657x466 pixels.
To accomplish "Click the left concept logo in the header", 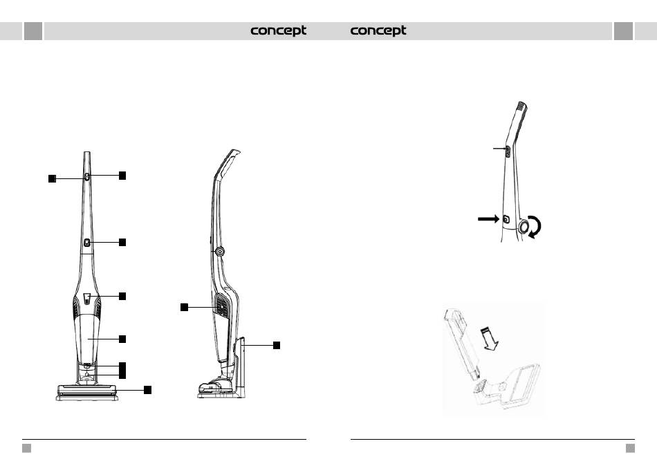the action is coord(278,31).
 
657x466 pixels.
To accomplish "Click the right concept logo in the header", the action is coord(378,31).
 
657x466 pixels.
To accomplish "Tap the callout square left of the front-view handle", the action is coord(52,178).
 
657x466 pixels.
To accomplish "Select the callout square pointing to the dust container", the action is coord(122,339).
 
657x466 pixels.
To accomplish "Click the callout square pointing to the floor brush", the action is coord(147,390).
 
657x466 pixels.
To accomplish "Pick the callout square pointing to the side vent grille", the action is coord(185,306).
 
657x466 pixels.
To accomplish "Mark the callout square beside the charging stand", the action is coord(277,344).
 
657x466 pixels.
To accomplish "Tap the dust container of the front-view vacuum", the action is coord(88,339).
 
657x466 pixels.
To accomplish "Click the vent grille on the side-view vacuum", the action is coord(221,304).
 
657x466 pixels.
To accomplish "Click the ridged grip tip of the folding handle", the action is coord(522,106).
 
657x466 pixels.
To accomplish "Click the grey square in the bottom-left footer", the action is coord(26,448).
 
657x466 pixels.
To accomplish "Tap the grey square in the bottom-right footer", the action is coord(630,448).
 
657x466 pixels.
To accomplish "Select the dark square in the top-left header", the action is coord(33,31).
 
